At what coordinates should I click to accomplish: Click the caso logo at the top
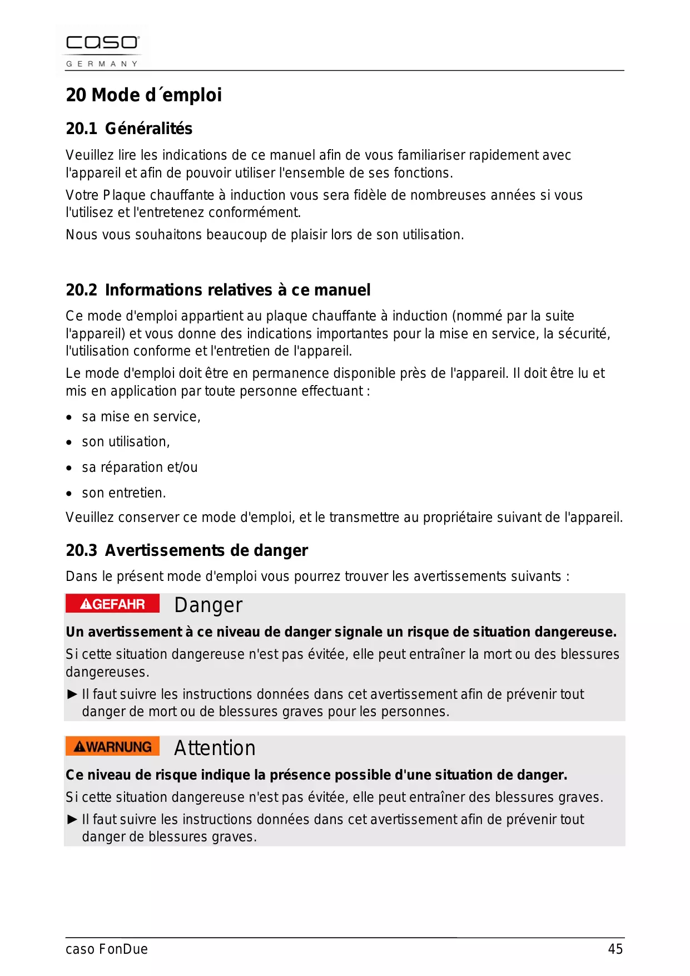[103, 43]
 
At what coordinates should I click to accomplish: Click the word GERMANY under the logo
[102, 64]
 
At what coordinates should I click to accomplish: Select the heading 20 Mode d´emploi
[143, 95]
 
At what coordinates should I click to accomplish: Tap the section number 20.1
[81, 129]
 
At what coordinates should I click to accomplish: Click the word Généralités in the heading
[148, 129]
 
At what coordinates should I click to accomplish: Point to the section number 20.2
[81, 290]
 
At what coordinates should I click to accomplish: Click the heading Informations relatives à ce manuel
[237, 290]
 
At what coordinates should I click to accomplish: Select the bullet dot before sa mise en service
[69, 417]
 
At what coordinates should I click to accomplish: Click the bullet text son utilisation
[126, 442]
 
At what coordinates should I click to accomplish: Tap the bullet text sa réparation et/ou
[140, 467]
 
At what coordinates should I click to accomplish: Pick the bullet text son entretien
[123, 493]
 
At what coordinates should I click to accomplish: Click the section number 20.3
[81, 550]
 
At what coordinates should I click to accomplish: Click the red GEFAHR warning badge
[112, 604]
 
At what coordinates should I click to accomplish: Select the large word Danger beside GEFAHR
[208, 605]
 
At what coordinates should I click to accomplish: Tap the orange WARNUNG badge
[112, 746]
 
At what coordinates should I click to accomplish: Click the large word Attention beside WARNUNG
[215, 748]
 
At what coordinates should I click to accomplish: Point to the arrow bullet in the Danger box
[72, 694]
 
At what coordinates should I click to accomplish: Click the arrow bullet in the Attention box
[72, 819]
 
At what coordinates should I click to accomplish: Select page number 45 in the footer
[615, 949]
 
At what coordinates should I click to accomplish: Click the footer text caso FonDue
[107, 949]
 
